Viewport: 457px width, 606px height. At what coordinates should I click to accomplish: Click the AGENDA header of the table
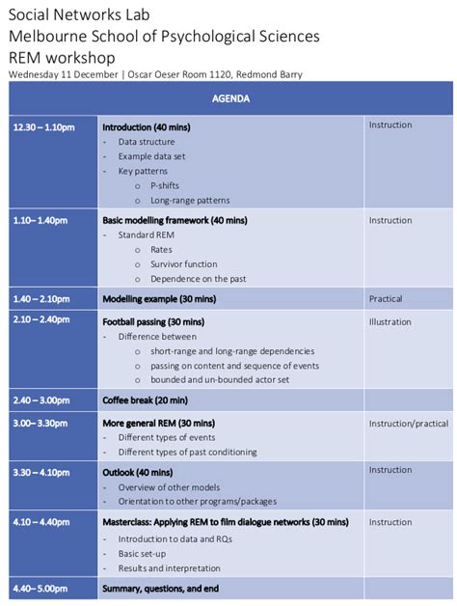[x=230, y=98]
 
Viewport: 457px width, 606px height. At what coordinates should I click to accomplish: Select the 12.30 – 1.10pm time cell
[x=43, y=126]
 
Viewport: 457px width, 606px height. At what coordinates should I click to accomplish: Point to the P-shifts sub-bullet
[x=164, y=185]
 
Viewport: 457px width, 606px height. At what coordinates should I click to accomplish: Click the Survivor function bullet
[x=183, y=263]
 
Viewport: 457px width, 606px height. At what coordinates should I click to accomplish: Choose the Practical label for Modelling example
[x=386, y=299]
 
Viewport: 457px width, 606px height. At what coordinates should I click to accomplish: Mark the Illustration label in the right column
[x=390, y=322]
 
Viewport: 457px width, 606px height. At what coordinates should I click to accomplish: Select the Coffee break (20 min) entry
[x=145, y=399]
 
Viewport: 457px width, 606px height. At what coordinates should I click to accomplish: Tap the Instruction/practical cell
[x=408, y=424]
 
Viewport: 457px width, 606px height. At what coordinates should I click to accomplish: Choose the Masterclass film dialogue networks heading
[x=226, y=522]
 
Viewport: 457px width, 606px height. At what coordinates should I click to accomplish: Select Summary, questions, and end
[x=161, y=589]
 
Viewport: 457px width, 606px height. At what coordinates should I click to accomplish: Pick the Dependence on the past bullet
[x=198, y=279]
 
